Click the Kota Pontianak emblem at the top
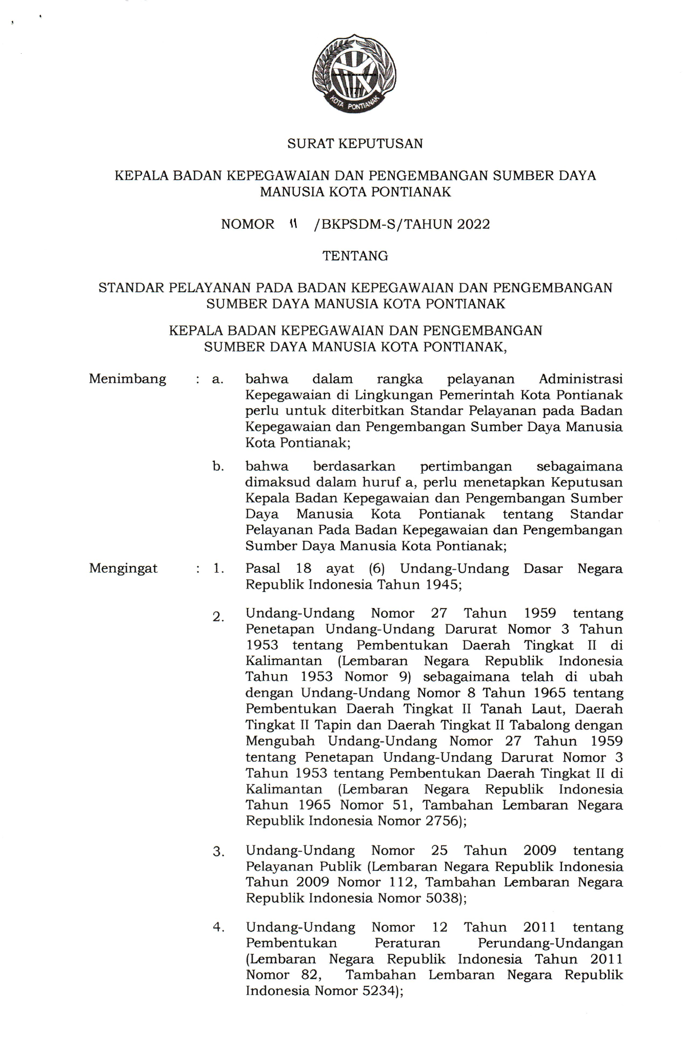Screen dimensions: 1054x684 pyautogui.click(x=354, y=74)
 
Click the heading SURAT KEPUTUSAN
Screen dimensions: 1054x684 pyautogui.click(x=355, y=144)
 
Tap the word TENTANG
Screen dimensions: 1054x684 pyautogui.click(x=355, y=256)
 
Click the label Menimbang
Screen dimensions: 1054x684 pyautogui.click(x=128, y=379)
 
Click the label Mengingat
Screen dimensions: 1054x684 pyautogui.click(x=124, y=568)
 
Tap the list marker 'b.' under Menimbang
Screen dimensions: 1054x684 pyautogui.click(x=218, y=467)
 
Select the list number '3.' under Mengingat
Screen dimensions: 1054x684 pyautogui.click(x=219, y=852)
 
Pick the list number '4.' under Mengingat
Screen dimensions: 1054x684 pyautogui.click(x=219, y=927)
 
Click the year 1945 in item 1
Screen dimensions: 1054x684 pyautogui.click(x=442, y=584)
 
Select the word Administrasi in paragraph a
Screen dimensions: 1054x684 pyautogui.click(x=580, y=379)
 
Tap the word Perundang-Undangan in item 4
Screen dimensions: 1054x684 pyautogui.click(x=550, y=943)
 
